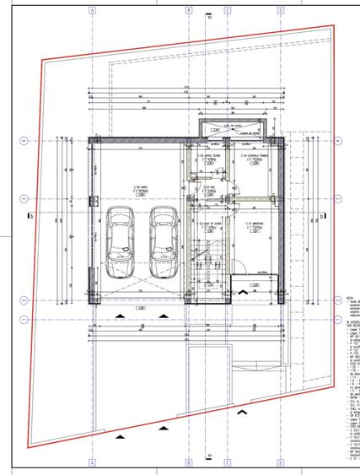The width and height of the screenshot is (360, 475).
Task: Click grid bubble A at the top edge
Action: (91, 11)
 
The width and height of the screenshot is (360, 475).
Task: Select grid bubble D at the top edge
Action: (280, 11)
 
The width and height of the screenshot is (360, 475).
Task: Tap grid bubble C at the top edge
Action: (227, 11)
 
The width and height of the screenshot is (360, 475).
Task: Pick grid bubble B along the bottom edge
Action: (190, 462)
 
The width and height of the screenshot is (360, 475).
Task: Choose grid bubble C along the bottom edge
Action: (227, 462)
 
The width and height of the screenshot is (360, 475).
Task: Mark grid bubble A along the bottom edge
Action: (91, 462)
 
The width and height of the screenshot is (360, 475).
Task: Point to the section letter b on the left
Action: (30, 216)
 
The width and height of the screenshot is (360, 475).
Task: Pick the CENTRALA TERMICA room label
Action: (253, 157)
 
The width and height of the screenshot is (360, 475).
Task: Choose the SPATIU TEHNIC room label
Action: (209, 157)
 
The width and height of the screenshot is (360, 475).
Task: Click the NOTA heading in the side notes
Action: (350, 297)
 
